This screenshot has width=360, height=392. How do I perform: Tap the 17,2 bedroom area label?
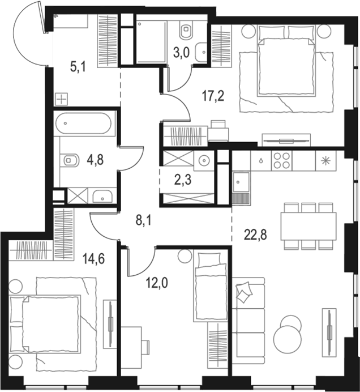213,95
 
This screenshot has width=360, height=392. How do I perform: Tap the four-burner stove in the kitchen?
281,159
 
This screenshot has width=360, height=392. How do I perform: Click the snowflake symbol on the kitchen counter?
325,160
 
